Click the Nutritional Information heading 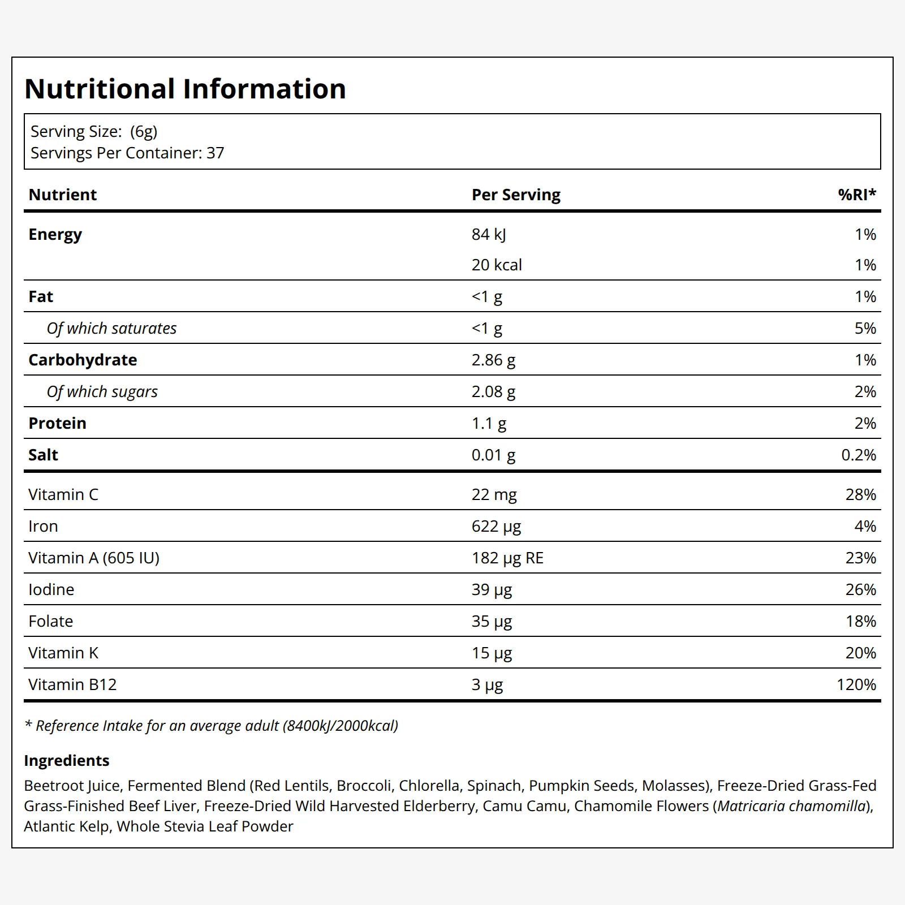[185, 89]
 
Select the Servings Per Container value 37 [216, 153]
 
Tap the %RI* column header [857, 195]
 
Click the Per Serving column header [516, 195]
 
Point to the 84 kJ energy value [489, 235]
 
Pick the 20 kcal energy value [497, 265]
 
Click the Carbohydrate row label [83, 360]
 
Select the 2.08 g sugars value [493, 392]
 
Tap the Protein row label [57, 423]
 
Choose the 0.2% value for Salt [859, 455]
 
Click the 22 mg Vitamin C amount [494, 495]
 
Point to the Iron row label [43, 526]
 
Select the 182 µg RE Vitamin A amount [507, 558]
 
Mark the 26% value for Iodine [861, 589]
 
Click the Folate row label [50, 621]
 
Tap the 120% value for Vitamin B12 [856, 684]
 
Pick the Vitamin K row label [63, 653]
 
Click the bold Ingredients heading [67, 761]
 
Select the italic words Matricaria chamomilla [791, 806]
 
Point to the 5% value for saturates [865, 328]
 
